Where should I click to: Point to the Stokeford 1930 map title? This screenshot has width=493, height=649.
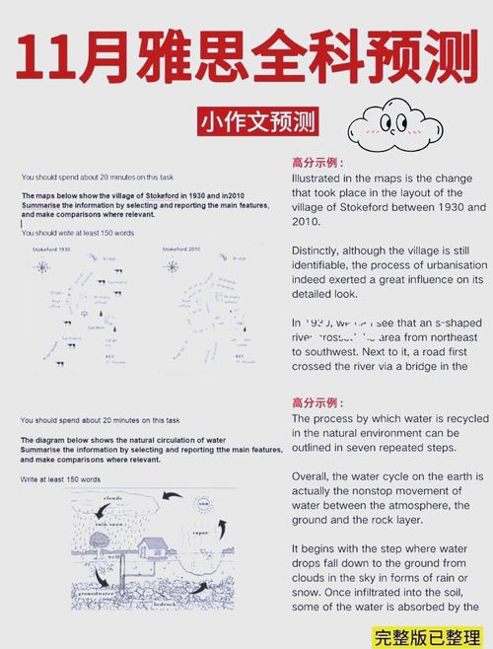click(51, 250)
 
